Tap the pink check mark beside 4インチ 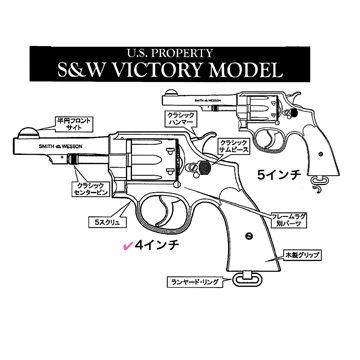point(127,242)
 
